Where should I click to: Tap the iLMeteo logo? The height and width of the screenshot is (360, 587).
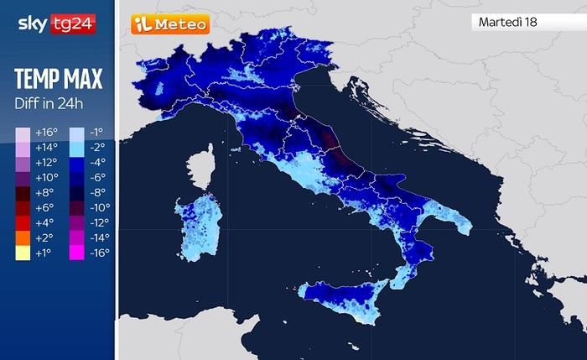(169, 25)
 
